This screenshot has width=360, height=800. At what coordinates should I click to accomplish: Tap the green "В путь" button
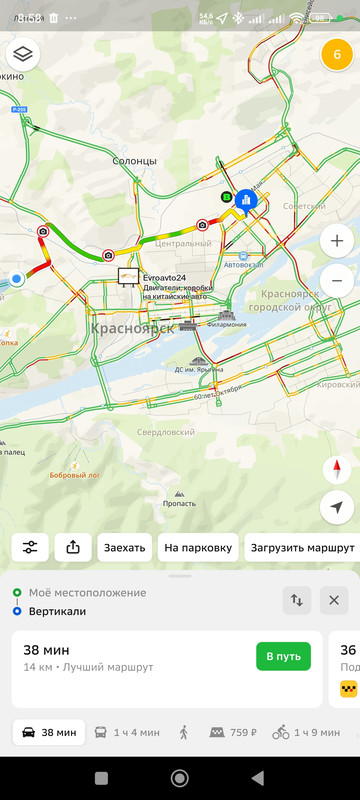point(283,656)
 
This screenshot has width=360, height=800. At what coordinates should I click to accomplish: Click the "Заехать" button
point(125,547)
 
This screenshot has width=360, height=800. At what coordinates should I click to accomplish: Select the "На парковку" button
point(199,547)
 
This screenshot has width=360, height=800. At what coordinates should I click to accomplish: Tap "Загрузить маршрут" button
point(301,547)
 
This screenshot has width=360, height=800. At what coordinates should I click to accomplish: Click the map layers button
point(23,54)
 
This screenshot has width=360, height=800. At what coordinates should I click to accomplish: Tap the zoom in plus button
point(337,241)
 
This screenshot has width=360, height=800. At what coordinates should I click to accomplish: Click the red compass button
point(337,469)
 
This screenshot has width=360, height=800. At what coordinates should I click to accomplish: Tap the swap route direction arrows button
point(297,600)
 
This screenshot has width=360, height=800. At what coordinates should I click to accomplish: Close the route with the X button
point(334,600)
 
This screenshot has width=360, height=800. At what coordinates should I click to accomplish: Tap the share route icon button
point(73,547)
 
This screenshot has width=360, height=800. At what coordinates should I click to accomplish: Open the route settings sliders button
point(31,547)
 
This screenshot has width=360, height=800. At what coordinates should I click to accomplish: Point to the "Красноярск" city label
point(132,327)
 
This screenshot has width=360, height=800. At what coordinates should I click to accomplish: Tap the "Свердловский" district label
point(167,432)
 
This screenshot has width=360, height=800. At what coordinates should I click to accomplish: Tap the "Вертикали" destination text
point(57,611)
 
